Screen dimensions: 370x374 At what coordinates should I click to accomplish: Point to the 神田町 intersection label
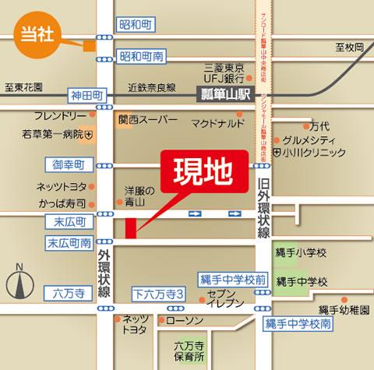(x=86, y=93)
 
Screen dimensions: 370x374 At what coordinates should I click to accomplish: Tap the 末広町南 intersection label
(x=69, y=243)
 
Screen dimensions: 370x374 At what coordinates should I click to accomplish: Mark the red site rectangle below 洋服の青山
(x=130, y=227)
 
